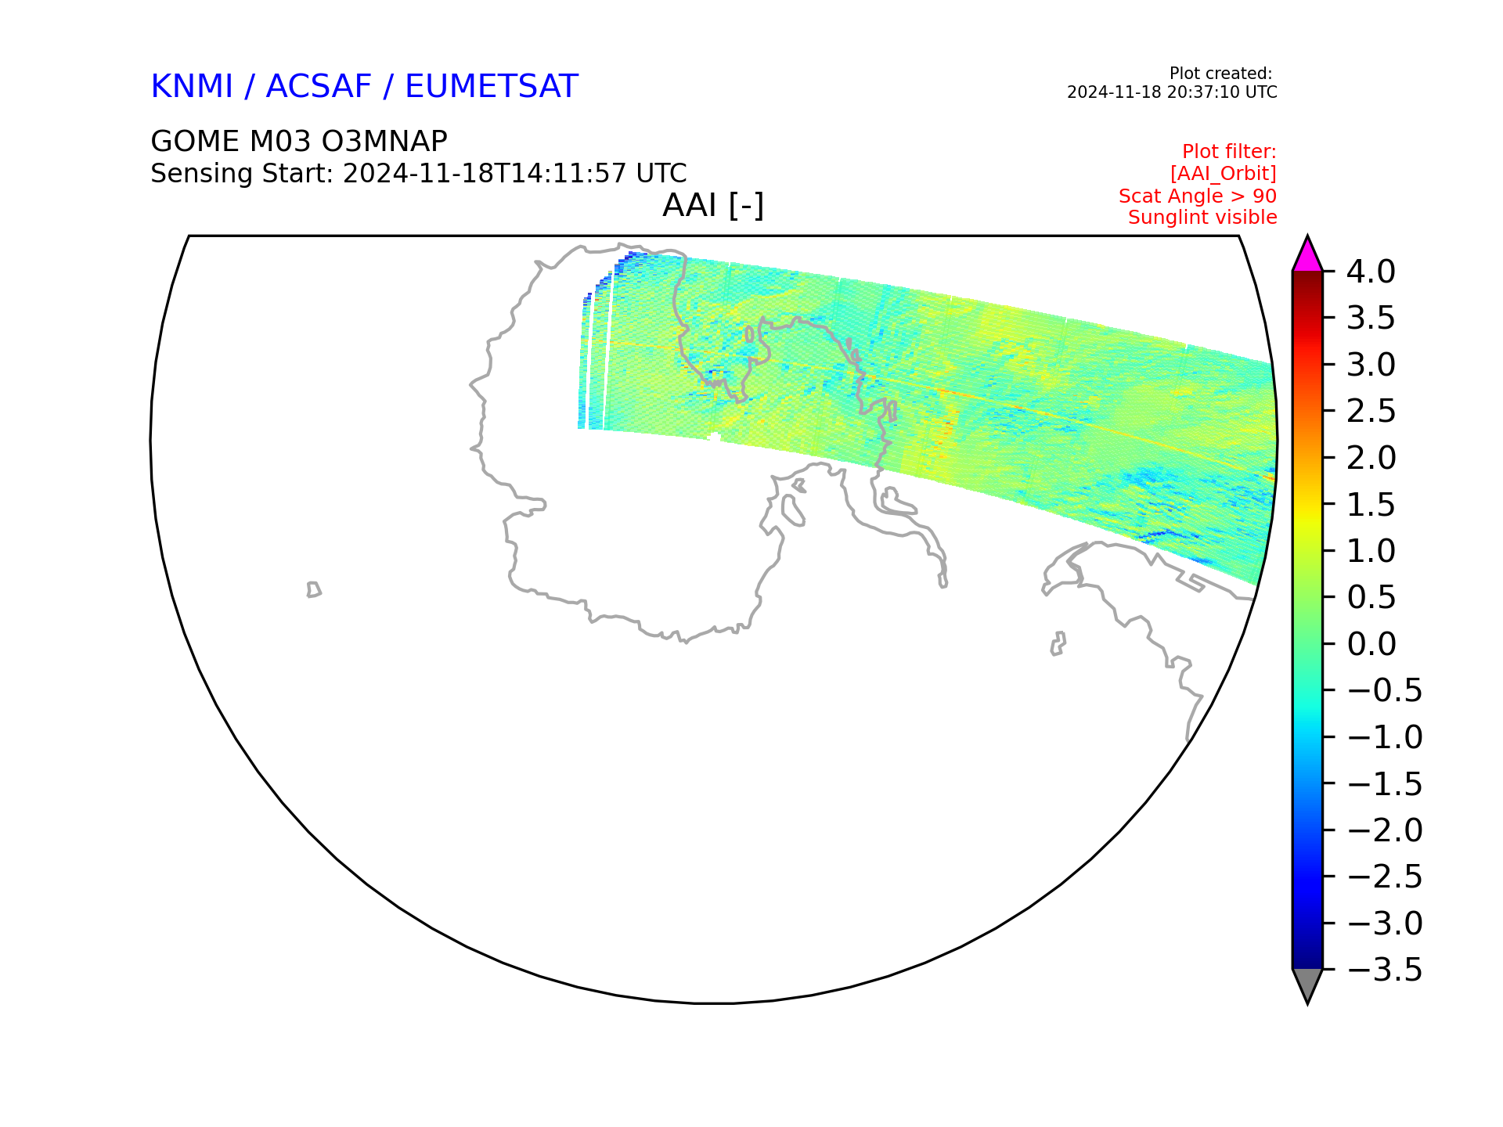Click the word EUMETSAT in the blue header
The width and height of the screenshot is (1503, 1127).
[x=491, y=86]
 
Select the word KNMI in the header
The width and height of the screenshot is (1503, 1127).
[x=192, y=86]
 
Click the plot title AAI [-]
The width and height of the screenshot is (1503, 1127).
[x=713, y=206]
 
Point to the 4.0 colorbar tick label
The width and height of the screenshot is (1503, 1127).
[x=1371, y=272]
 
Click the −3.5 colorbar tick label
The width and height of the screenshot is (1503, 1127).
[x=1384, y=970]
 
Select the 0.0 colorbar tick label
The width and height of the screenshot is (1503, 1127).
[x=1371, y=644]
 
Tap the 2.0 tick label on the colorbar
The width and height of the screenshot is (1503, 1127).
[x=1371, y=458]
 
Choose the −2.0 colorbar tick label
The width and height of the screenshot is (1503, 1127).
[x=1384, y=830]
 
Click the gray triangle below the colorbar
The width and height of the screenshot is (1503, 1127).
[x=1307, y=984]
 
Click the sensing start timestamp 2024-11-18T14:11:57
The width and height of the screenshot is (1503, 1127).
[x=485, y=173]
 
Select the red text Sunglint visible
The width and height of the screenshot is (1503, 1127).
[x=1202, y=218]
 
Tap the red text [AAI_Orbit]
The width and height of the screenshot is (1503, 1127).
[x=1224, y=174]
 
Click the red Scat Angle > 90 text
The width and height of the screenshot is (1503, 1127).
[x=1198, y=196]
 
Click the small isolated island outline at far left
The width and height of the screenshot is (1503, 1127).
[x=314, y=589]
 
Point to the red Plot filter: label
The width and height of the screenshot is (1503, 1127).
[x=1229, y=152]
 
